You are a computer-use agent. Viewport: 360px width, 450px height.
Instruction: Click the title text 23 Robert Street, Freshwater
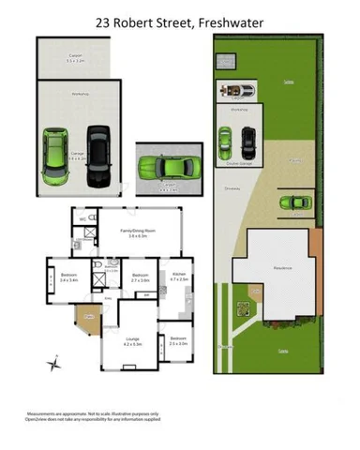tap(180, 20)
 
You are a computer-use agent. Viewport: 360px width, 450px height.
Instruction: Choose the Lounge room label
tap(131, 342)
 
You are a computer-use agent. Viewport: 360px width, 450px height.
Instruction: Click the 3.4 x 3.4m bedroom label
tap(68, 276)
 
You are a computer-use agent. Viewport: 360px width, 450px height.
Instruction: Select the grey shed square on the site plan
tap(226, 62)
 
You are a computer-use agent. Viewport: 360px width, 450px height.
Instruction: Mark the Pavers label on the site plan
tap(294, 160)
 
